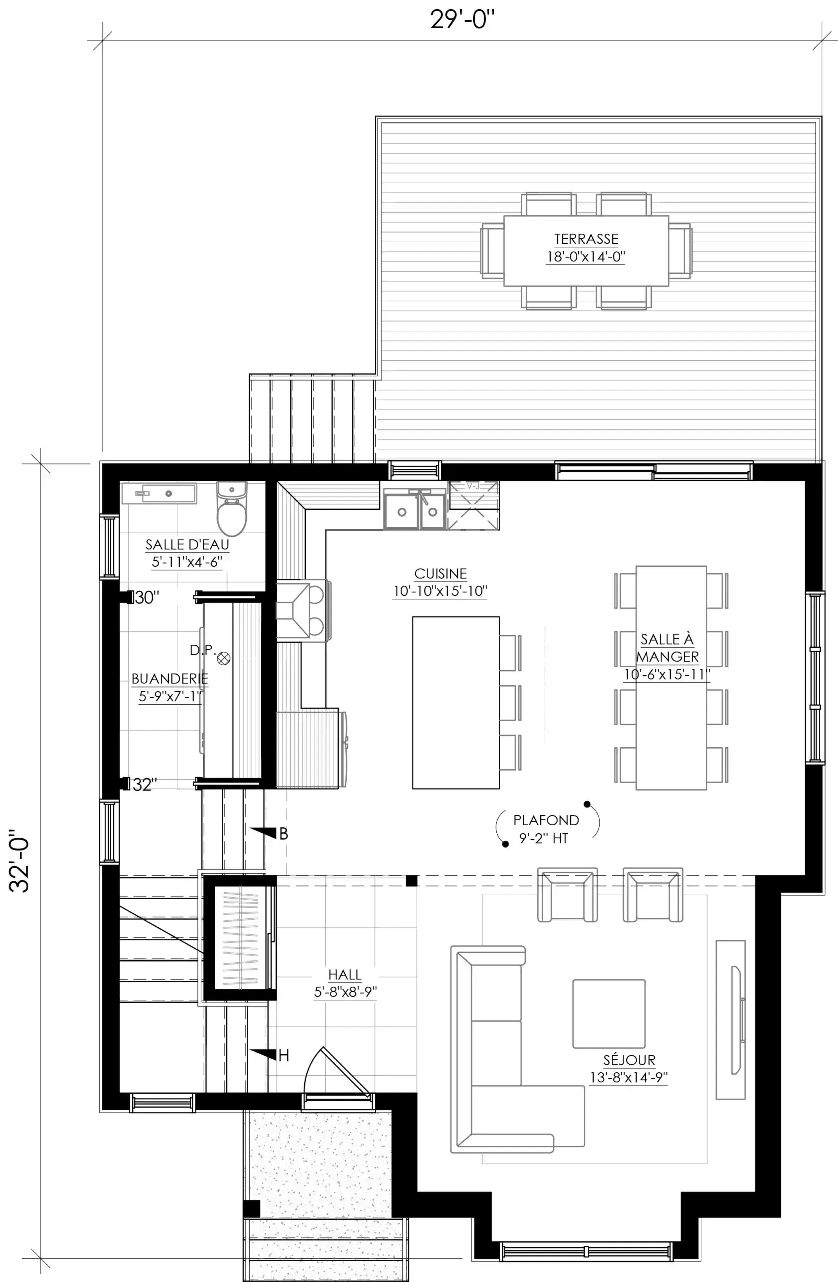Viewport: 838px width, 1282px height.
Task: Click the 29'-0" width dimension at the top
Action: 462,20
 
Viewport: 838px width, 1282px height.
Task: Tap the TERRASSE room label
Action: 586,239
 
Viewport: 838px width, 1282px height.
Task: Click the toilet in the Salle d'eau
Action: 232,508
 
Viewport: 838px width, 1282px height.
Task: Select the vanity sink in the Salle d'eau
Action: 159,493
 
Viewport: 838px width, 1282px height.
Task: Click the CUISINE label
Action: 440,574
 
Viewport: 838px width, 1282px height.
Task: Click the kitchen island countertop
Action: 456,703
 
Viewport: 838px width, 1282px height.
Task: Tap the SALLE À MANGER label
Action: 667,648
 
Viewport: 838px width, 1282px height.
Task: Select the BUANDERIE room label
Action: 170,678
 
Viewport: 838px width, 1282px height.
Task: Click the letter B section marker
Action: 284,834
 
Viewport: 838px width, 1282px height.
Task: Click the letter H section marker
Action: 284,1055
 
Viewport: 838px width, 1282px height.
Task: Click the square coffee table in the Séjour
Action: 609,1013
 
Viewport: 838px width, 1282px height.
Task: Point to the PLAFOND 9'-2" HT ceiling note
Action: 546,829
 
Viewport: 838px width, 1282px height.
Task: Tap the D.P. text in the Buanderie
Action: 202,650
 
